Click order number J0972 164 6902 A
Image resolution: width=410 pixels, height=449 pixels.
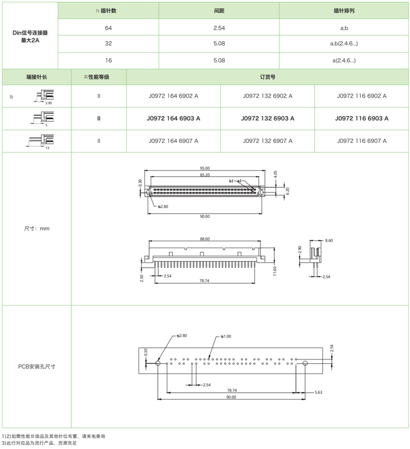tap(173, 96)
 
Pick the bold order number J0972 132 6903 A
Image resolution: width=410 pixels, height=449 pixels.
tap(268, 118)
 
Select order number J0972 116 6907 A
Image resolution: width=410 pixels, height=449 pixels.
tap(362, 141)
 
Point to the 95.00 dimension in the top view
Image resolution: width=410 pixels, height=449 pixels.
tap(204, 168)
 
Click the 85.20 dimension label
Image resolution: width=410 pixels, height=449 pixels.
tap(204, 175)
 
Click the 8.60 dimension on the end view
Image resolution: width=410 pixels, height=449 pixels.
tap(329, 240)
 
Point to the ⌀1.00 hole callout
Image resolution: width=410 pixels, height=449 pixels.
tap(226, 336)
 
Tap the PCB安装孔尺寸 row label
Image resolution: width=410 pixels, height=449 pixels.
tap(36, 367)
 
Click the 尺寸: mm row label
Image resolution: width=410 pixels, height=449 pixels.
tap(36, 228)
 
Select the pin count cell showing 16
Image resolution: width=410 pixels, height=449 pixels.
tap(108, 60)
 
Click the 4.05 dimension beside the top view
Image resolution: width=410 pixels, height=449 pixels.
tap(275, 175)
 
